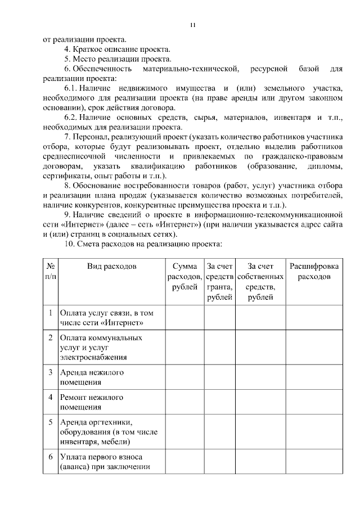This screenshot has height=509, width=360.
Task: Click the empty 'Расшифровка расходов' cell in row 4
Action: pyautogui.click(x=314, y=402)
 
